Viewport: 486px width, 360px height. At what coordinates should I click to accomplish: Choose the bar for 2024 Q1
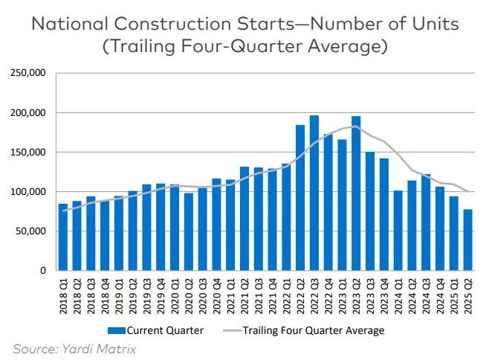tap(398, 231)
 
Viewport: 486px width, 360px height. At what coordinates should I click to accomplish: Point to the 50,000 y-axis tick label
tap(31, 231)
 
